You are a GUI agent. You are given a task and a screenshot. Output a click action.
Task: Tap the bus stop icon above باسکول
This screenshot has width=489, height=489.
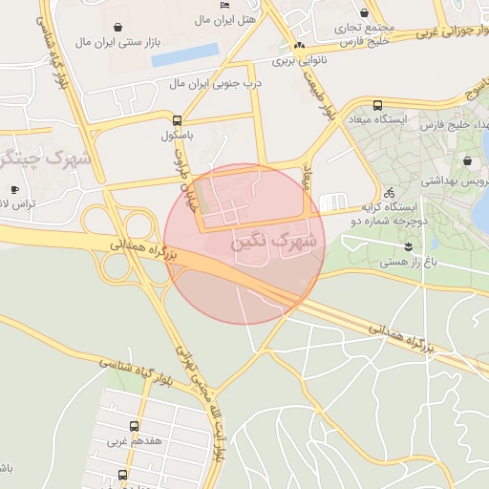point(177,120)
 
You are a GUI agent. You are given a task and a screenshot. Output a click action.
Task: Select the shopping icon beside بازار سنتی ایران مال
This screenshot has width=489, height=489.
point(117,27)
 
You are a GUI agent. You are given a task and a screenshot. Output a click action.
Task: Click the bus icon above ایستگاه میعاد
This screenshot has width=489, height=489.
point(377,106)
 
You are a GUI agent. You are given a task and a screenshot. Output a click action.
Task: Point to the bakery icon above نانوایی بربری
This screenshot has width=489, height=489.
point(299,46)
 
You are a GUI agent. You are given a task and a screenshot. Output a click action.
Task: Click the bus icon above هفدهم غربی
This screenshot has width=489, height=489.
point(133,426)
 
